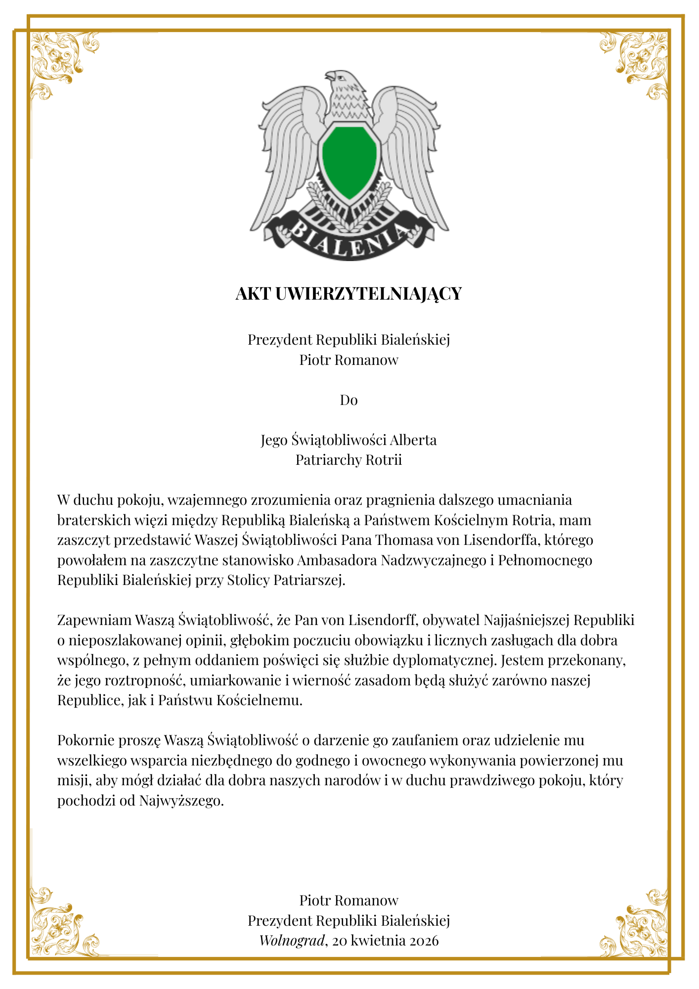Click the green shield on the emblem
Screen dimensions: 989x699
point(349,161)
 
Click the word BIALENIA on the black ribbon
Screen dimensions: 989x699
point(349,239)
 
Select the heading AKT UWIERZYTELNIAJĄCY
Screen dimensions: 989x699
point(349,294)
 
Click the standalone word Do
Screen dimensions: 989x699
point(349,400)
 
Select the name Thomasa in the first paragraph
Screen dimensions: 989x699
point(403,540)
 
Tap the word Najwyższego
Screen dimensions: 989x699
point(181,801)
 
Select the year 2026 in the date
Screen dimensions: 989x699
point(421,941)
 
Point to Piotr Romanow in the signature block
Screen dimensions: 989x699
point(349,900)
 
